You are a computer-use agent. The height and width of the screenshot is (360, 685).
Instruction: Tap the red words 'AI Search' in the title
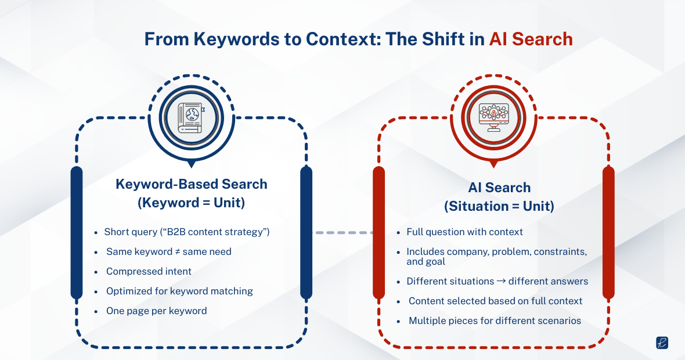click(x=531, y=39)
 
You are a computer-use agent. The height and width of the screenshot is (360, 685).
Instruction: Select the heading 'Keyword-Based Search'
click(x=192, y=184)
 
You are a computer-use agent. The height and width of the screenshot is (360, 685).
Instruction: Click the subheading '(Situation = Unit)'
click(x=499, y=206)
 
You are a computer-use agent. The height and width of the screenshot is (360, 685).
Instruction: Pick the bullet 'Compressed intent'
click(x=149, y=271)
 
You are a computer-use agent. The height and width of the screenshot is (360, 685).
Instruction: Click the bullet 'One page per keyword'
click(x=156, y=311)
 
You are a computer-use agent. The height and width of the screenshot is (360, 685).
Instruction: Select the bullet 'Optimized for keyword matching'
click(x=179, y=291)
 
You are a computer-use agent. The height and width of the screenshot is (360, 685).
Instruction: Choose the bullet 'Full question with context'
click(x=464, y=232)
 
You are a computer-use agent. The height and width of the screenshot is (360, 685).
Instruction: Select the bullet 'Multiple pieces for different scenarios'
click(x=495, y=321)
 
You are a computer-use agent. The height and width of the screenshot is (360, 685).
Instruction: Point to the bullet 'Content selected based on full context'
click(x=495, y=301)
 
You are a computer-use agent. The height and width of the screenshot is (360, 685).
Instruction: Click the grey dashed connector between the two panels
click(x=344, y=232)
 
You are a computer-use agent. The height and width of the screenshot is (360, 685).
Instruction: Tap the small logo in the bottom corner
click(x=662, y=343)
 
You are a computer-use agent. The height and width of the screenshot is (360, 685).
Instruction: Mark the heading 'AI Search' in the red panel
click(x=499, y=188)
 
